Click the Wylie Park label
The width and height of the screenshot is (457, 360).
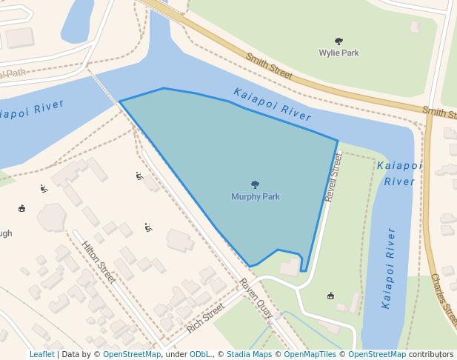tap(338, 53)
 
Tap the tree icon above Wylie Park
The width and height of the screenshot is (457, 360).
tap(338, 41)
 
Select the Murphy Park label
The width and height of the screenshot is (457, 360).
tap(256, 197)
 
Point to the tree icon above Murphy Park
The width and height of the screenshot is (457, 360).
tap(256, 184)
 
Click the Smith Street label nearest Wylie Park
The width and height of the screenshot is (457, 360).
tap(270, 67)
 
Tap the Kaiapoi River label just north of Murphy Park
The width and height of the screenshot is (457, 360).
tap(272, 104)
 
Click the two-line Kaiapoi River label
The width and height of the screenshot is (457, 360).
tap(399, 173)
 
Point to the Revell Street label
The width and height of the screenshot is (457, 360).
tap(335, 178)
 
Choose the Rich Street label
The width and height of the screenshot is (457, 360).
tap(205, 318)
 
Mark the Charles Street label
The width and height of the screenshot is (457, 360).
tap(444, 299)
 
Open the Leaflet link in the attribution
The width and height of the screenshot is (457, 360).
tap(41, 354)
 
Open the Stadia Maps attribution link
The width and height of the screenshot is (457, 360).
tap(249, 354)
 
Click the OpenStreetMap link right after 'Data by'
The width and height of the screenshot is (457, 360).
tap(131, 354)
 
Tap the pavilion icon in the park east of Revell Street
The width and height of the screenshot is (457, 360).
tap(330, 296)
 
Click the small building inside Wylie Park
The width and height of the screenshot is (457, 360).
tap(415, 27)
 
